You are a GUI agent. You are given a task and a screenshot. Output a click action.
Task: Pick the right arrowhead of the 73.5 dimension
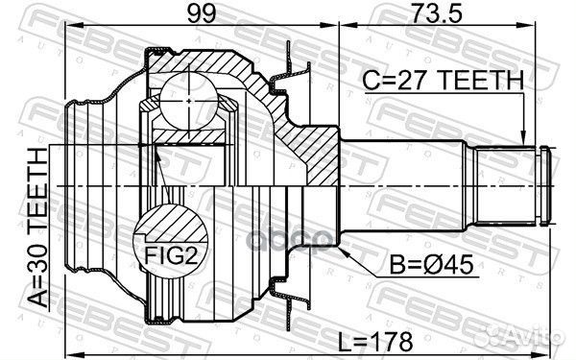[x=550, y=32]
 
